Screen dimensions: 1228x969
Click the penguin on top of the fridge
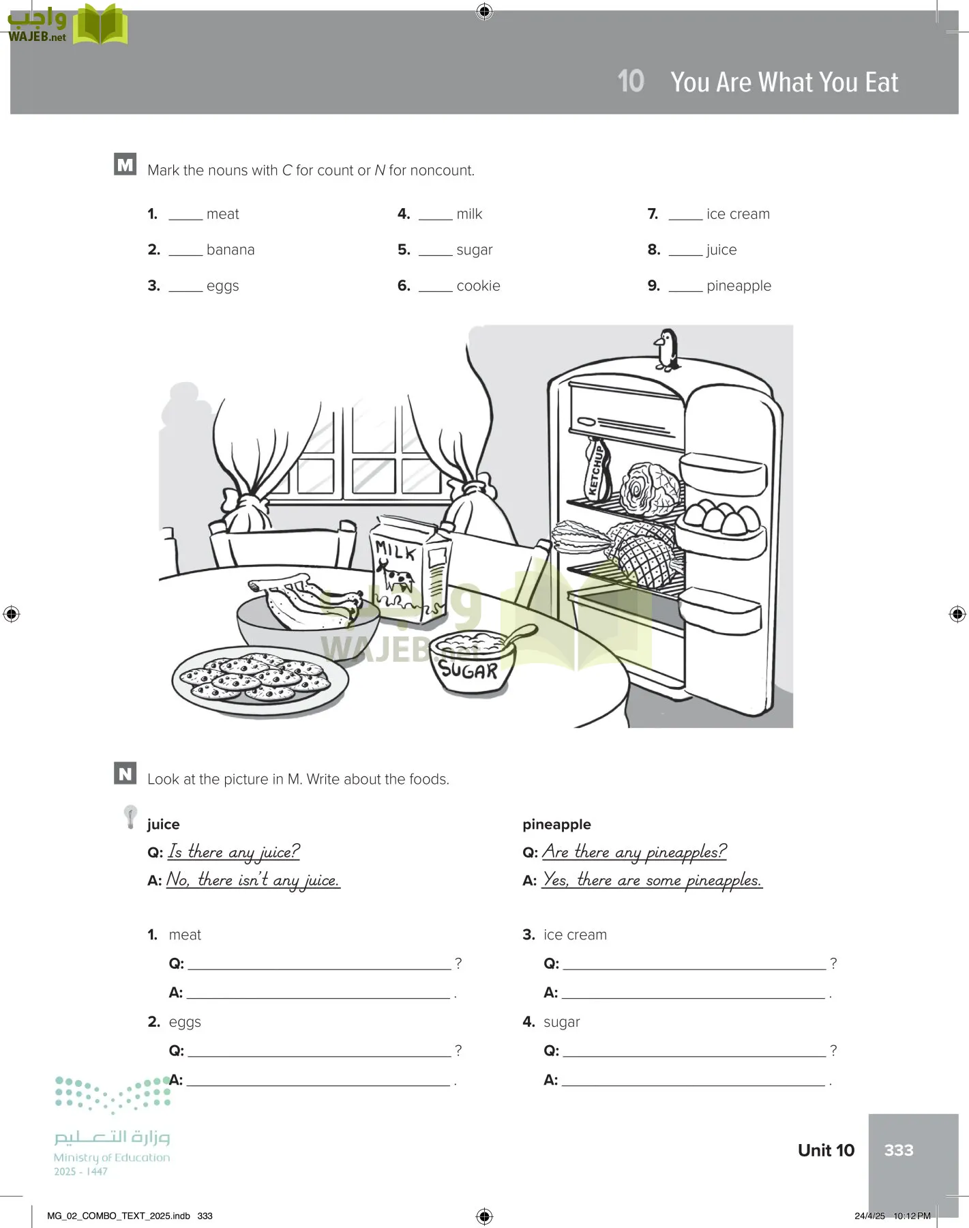[x=667, y=349]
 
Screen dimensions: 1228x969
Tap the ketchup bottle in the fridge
[x=597, y=470]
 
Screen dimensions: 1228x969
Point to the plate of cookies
[x=260, y=679]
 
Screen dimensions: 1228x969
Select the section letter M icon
[x=125, y=164]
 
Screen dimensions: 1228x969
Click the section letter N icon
[x=125, y=774]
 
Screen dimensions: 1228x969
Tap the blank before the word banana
[x=185, y=251]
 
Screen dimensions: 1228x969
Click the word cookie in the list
[x=478, y=286]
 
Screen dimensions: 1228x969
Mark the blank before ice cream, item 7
[x=685, y=216]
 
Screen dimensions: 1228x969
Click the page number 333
[x=898, y=1150]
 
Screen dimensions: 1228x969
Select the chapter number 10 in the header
[x=631, y=81]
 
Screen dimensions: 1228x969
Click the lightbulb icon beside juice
[x=130, y=816]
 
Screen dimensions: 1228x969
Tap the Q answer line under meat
[x=319, y=963]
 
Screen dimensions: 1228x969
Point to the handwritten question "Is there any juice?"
[x=234, y=852]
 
